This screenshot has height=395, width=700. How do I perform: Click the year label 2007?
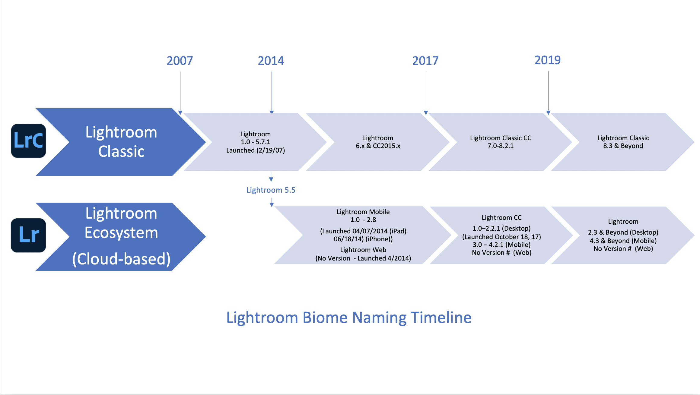180,61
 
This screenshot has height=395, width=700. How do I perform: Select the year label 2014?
271,61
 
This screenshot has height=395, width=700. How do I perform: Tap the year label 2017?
425,61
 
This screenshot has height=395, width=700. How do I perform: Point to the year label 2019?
548,60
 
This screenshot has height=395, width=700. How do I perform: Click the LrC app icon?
29,141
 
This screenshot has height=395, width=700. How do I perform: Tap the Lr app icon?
29,235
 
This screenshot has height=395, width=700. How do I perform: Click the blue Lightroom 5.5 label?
271,190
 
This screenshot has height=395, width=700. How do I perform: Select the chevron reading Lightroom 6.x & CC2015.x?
378,142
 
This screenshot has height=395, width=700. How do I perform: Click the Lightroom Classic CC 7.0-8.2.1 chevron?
500,142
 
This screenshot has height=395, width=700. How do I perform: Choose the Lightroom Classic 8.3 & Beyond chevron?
623,142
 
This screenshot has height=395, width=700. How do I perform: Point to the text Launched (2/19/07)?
256,150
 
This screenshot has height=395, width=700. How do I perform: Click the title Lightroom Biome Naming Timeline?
349,318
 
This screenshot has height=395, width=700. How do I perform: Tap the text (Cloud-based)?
121,259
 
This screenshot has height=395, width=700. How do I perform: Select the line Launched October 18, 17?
501,237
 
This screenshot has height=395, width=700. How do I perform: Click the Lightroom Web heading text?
363,250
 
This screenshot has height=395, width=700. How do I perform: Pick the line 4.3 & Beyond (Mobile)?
623,241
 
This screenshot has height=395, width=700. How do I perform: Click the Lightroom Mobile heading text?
363,212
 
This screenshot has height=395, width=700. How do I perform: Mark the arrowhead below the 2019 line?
548,113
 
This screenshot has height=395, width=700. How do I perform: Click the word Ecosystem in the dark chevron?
121,233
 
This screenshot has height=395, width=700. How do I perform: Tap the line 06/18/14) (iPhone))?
363,239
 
